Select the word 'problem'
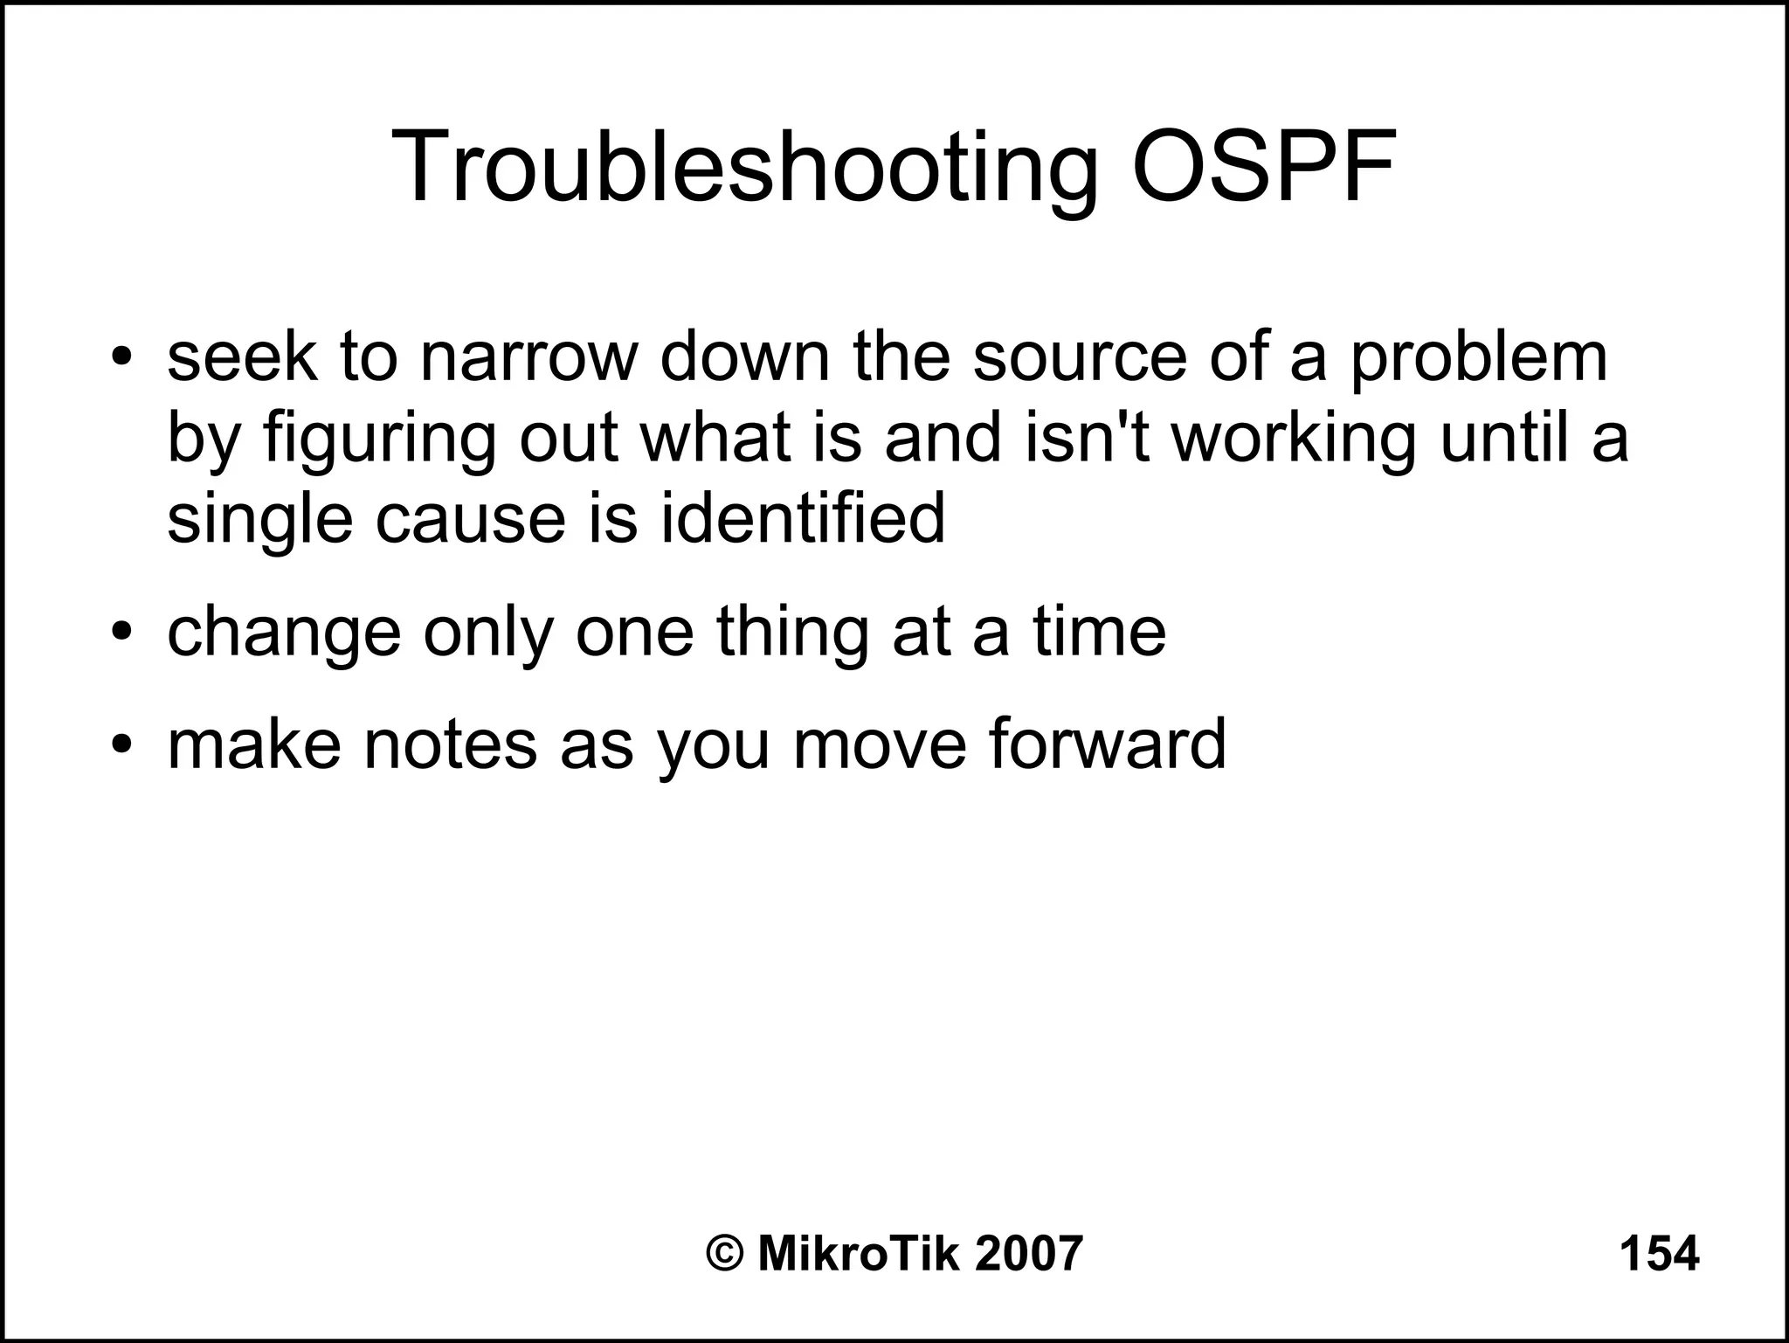pyautogui.click(x=1478, y=360)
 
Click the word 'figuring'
pyautogui.click(x=379, y=440)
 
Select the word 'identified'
pyautogui.click(x=802, y=517)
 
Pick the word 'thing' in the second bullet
pyautogui.click(x=792, y=634)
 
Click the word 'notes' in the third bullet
pyautogui.click(x=450, y=745)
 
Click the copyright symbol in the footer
pyautogui.click(x=725, y=1255)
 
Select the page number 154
pyautogui.click(x=1659, y=1255)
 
